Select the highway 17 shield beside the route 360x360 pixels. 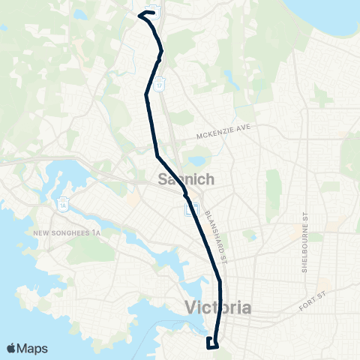coord(160,86)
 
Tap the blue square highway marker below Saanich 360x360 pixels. coord(190,208)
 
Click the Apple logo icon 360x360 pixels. coord(11,348)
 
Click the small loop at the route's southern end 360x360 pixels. coord(212,343)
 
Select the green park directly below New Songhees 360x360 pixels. coord(45,255)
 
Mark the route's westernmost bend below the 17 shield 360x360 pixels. coord(145,94)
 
